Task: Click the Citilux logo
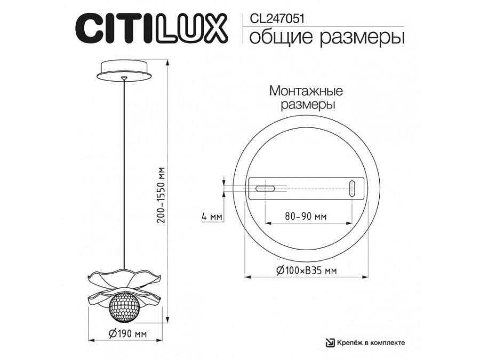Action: tap(147, 28)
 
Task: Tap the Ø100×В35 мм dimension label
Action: tap(306, 270)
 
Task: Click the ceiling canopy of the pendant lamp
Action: tap(124, 70)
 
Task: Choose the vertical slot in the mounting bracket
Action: tap(352, 189)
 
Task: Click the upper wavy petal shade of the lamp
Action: tap(124, 279)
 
